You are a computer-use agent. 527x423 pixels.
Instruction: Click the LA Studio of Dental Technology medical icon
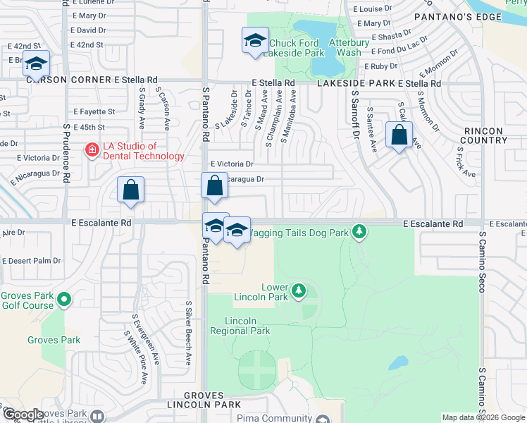92,150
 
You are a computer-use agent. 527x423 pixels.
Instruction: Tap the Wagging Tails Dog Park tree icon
359,231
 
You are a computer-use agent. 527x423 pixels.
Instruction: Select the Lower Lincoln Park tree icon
299,290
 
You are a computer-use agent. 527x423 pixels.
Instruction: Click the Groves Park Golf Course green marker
64,300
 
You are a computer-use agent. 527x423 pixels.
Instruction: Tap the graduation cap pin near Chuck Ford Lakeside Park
254,41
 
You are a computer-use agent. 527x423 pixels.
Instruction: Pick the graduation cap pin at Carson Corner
35,64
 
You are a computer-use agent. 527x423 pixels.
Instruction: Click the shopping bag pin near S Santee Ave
399,135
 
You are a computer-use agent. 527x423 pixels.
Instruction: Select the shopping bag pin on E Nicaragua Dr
214,186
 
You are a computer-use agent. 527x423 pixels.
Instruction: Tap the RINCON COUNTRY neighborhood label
485,135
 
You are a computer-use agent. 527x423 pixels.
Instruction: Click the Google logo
23,415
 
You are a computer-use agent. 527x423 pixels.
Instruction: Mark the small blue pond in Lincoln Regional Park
398,362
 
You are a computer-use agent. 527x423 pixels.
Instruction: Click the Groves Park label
54,340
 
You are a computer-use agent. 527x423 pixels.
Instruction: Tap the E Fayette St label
94,111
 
